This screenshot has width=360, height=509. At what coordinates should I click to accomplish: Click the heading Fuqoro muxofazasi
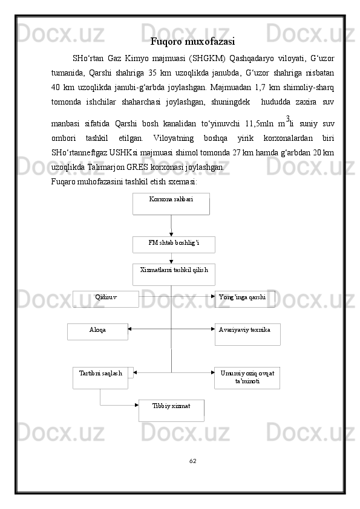click(x=192, y=42)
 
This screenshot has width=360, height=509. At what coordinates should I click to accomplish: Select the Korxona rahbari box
click(x=171, y=204)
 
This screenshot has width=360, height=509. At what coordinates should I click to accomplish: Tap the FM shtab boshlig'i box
click(x=174, y=244)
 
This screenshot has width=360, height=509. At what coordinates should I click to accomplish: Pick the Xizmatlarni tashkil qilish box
click(x=174, y=274)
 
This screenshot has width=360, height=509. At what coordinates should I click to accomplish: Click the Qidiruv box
click(x=106, y=299)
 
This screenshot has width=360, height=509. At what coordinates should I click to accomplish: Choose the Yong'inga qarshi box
click(x=244, y=299)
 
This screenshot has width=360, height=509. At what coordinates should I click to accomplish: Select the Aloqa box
click(x=97, y=331)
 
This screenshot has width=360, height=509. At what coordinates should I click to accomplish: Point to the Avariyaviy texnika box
click(x=247, y=334)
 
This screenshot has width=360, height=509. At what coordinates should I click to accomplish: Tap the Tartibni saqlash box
click(x=100, y=377)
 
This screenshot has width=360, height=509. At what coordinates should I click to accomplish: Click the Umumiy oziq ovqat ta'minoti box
click(x=247, y=377)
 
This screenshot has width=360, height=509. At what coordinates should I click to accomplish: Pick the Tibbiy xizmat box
click(x=171, y=409)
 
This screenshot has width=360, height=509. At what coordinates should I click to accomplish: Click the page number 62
click(x=192, y=461)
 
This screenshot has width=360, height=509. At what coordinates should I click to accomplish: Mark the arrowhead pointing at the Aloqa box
click(x=130, y=329)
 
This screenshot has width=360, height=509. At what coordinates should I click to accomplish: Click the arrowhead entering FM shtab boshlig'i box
click(x=171, y=234)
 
